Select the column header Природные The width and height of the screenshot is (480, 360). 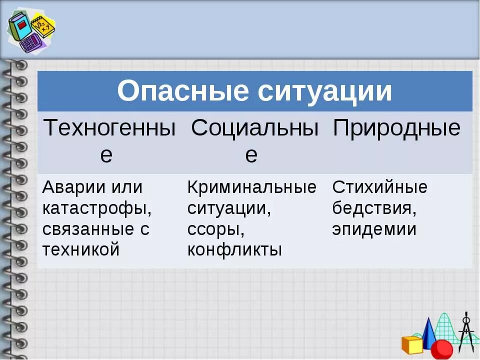(396, 128)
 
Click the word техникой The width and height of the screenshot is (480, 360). (81, 249)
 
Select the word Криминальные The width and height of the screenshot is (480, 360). (251, 187)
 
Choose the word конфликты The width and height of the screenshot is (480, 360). (234, 249)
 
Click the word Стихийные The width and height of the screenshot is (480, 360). (380, 187)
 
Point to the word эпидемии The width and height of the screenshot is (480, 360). (374, 229)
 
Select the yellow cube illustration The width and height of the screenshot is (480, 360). (413, 344)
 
